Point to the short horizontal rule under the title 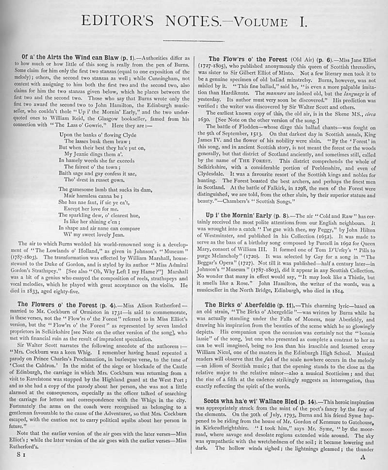coord(194,41)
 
